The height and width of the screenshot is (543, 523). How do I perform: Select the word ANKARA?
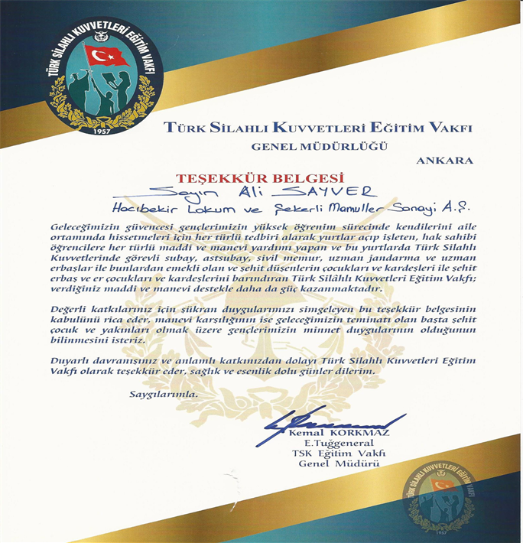click(x=445, y=161)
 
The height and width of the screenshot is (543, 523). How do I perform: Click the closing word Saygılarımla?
click(x=162, y=395)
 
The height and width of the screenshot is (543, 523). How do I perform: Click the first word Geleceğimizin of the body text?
click(x=86, y=228)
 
